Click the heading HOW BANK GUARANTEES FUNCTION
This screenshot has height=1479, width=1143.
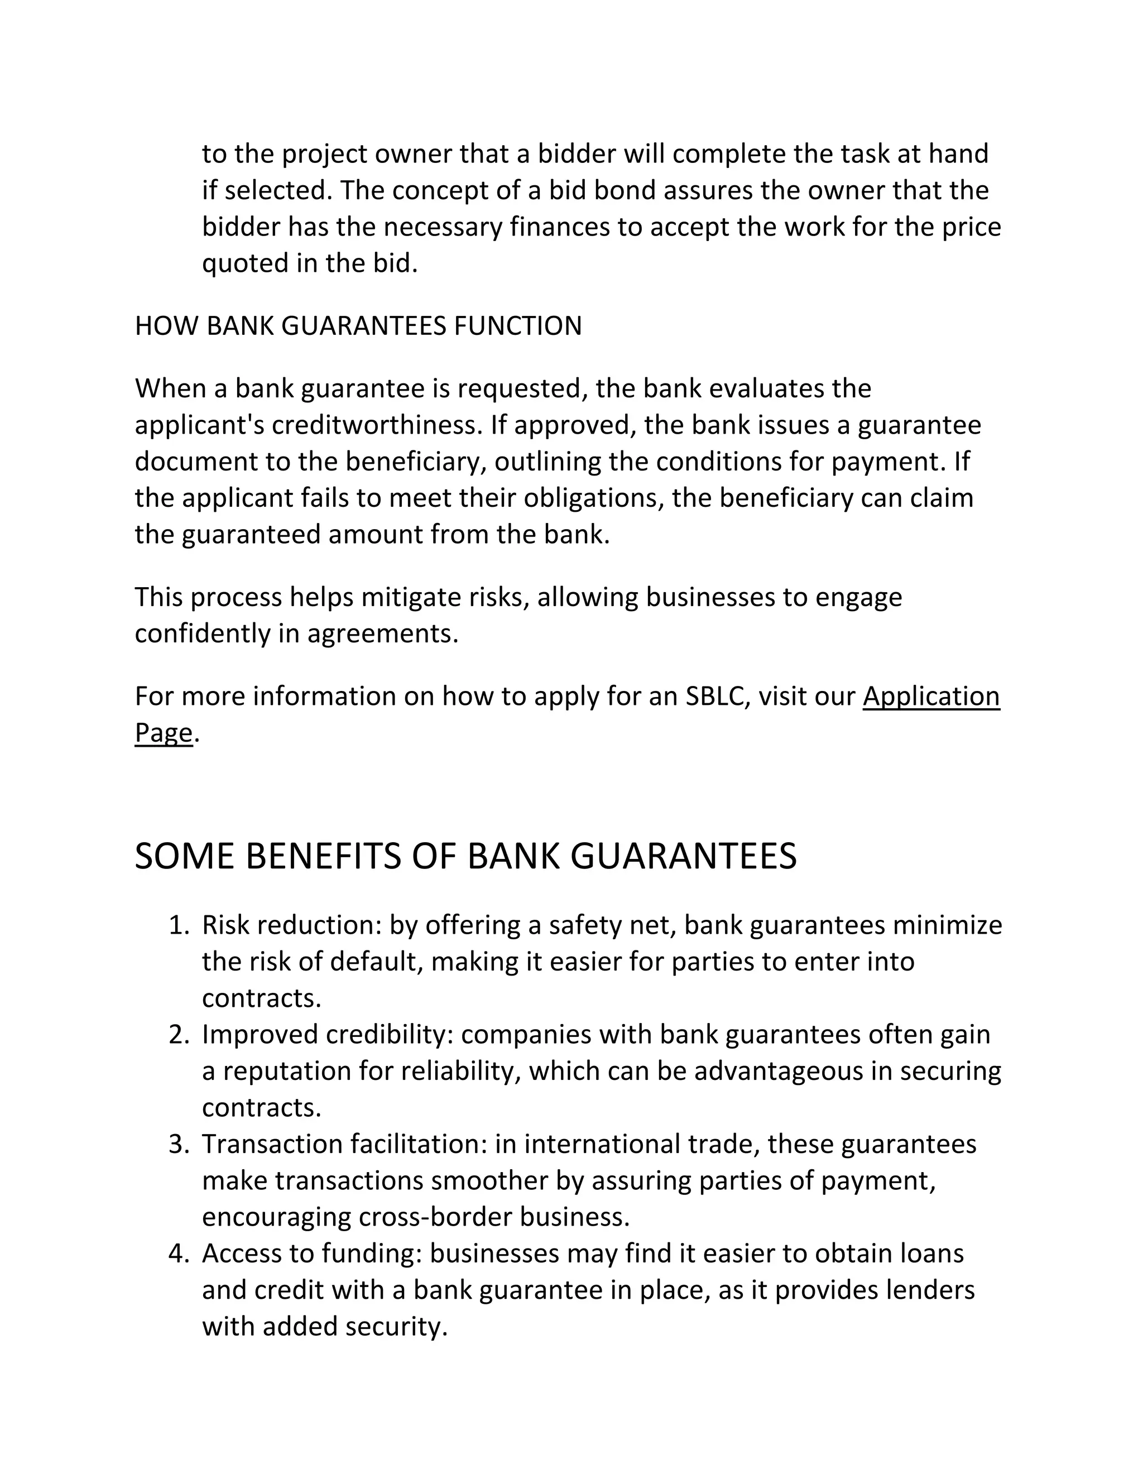[x=358, y=326]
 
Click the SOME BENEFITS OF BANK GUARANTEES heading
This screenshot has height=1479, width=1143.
[x=465, y=856]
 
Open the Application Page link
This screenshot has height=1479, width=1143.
[x=930, y=696]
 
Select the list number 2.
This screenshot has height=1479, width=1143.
[x=179, y=1035]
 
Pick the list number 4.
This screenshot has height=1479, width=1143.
[x=179, y=1254]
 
